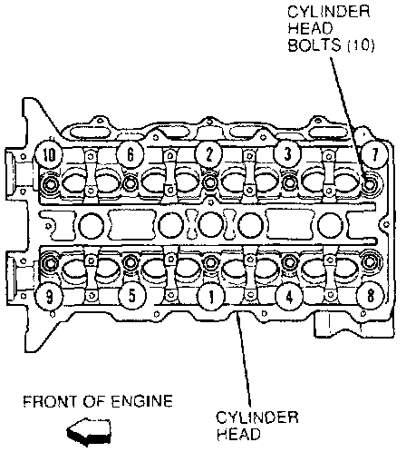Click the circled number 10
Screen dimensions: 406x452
(49, 155)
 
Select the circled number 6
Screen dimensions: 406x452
(130, 155)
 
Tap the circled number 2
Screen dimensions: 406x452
(209, 154)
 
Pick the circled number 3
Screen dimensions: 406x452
(287, 153)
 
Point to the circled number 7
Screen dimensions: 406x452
(374, 155)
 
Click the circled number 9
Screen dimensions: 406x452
(49, 297)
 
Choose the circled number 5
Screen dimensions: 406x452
(132, 295)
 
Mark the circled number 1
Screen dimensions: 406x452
(211, 297)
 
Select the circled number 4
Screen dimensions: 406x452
(289, 297)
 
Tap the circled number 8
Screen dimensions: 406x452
(371, 295)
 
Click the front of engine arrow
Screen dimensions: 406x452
(89, 431)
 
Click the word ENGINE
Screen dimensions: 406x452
(142, 401)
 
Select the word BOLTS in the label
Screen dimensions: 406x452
(314, 45)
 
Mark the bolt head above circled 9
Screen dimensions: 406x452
(49, 263)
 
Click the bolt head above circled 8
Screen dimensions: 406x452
(369, 262)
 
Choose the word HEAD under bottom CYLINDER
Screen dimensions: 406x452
(238, 435)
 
